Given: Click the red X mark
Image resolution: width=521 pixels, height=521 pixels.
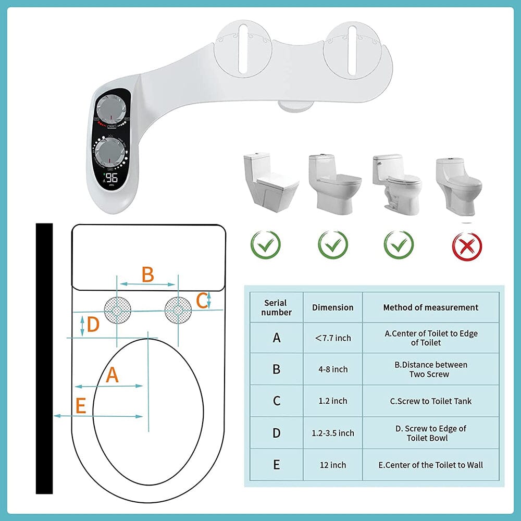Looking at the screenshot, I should tap(467, 245).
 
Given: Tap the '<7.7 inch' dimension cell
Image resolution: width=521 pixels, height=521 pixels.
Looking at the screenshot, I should tap(333, 338).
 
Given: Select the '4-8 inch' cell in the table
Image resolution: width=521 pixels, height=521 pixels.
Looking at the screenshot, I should tap(333, 369).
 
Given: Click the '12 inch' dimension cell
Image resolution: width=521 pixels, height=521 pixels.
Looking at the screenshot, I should tap(333, 465).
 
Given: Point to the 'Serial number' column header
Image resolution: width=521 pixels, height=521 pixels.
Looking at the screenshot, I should tap(276, 307).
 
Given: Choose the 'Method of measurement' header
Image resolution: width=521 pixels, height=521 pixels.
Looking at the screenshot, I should tap(430, 307).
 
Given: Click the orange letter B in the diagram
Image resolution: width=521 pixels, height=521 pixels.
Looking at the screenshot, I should tap(148, 274).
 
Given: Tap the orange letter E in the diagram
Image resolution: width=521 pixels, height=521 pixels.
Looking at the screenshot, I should tap(80, 405).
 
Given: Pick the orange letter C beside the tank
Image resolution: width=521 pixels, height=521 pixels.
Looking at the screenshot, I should tap(202, 300).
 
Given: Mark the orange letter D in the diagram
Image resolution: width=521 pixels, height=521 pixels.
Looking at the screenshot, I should tap(93, 325).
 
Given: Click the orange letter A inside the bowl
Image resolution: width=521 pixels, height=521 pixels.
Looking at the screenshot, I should tap(112, 375).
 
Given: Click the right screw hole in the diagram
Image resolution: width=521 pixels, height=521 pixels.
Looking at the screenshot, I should tap(178, 311).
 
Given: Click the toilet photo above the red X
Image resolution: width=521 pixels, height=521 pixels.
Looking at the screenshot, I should tap(458, 185).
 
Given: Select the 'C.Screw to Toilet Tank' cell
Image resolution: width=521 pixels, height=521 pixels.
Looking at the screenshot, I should tap(430, 401).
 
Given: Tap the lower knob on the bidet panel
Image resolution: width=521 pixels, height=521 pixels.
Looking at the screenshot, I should tap(110, 152).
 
